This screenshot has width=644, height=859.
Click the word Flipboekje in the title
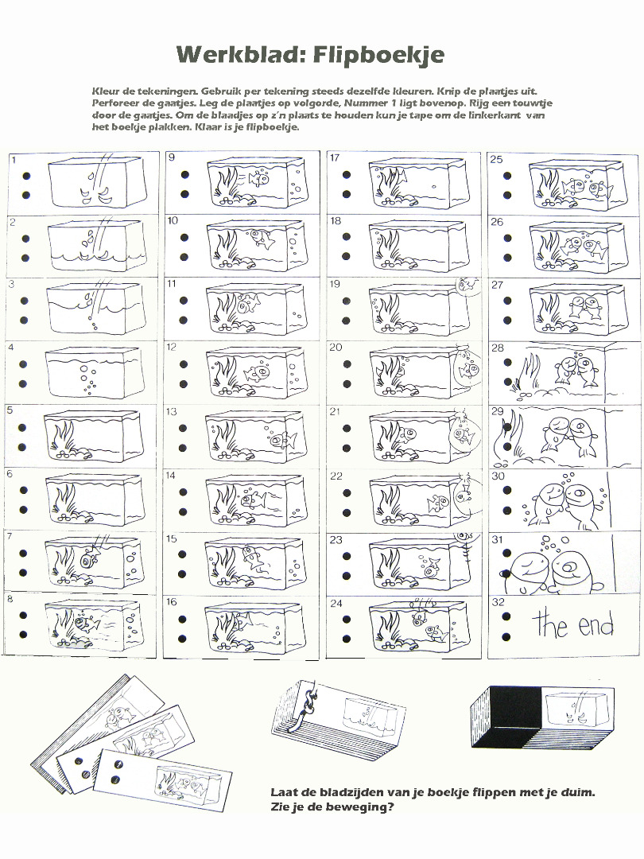tap(378, 54)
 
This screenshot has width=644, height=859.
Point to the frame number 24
tap(336, 603)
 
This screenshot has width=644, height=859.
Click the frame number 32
tap(498, 602)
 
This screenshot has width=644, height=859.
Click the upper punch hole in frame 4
tap(25, 363)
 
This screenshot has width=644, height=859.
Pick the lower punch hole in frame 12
tap(184, 384)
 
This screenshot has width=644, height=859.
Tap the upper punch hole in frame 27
tap(507, 301)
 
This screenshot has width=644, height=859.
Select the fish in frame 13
tap(283, 440)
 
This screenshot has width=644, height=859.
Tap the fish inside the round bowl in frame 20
tap(468, 369)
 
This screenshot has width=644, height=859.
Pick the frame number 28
tap(498, 348)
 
